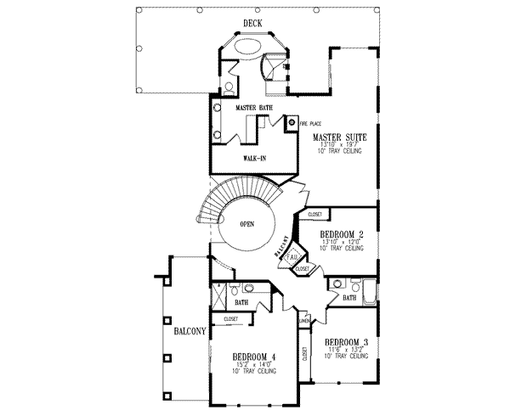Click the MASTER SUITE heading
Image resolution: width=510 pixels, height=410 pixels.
(340, 136)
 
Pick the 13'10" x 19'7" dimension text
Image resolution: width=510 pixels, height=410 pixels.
(339, 144)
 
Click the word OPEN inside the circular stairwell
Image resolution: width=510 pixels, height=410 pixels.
(247, 224)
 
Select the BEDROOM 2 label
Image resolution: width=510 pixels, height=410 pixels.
(344, 234)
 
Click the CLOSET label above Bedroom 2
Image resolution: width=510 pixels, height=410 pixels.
(315, 216)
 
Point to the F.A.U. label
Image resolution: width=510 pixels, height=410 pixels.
(292, 256)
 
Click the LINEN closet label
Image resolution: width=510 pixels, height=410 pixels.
(302, 321)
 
